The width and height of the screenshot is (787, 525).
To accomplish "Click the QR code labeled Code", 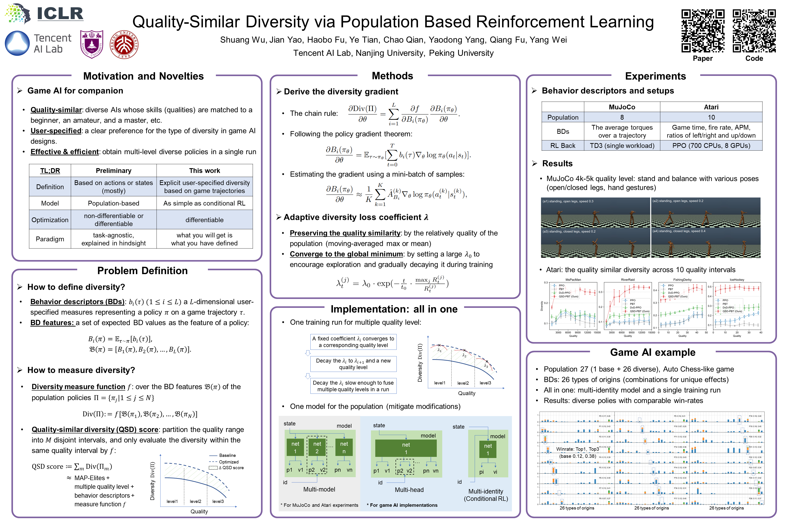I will [x=754, y=31].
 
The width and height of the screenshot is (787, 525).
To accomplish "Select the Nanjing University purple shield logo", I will [x=92, y=44].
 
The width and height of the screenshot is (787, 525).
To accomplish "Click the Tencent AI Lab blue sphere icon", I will [x=17, y=43].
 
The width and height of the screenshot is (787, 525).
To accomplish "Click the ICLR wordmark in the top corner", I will [x=60, y=14].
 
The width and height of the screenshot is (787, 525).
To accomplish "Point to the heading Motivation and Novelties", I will [x=143, y=76].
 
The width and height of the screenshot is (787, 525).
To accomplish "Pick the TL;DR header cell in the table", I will [x=50, y=171].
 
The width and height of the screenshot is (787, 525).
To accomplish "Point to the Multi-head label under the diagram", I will [x=409, y=490].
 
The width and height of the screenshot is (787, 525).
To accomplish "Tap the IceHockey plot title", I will [x=737, y=280].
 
